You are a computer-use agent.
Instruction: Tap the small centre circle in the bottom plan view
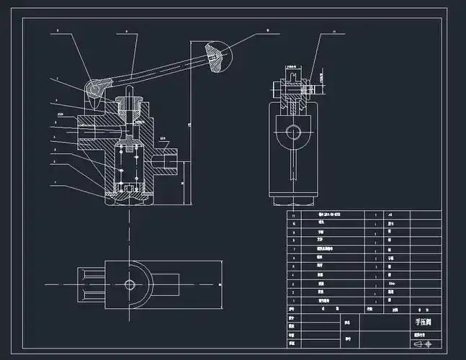(x=130, y=284)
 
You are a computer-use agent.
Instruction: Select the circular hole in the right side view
(x=292, y=131)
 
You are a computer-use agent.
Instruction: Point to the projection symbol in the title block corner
(x=428, y=343)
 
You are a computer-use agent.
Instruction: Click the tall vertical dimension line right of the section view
(x=189, y=122)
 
